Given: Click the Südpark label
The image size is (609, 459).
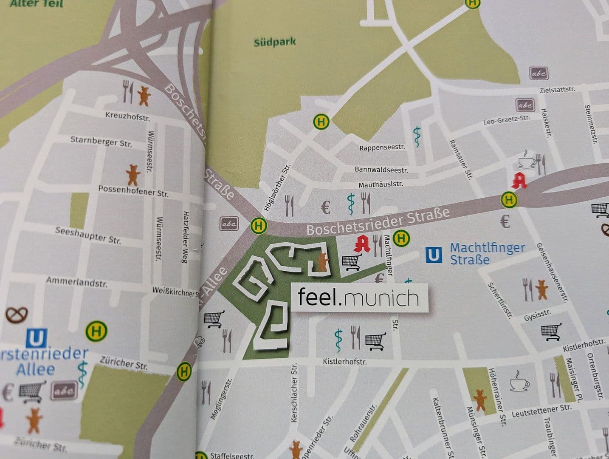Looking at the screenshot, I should click(x=274, y=42).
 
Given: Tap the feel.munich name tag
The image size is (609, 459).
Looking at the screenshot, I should click(x=358, y=297).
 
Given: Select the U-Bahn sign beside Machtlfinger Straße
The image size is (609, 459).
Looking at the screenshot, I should click(x=433, y=255).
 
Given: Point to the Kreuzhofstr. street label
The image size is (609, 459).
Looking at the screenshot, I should click(x=127, y=116).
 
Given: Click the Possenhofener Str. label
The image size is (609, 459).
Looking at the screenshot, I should click(x=133, y=191).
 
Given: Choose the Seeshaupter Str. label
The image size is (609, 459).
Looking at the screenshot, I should click(x=88, y=235).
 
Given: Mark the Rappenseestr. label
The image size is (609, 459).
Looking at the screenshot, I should click(x=382, y=147).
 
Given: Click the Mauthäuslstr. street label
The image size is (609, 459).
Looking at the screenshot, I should click(x=381, y=184).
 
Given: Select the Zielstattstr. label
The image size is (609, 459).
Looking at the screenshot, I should click(x=557, y=90).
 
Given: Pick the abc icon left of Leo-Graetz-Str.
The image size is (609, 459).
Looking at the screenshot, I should click(x=525, y=105).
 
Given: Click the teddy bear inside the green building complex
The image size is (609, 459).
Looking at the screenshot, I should click(x=322, y=262).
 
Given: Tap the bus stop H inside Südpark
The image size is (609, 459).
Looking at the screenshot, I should click(x=321, y=122).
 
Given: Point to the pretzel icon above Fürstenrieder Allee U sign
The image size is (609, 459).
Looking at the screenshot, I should click(x=17, y=314).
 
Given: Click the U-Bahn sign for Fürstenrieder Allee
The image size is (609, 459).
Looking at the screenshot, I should click(x=36, y=338).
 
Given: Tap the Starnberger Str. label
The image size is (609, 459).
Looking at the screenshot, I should click(x=101, y=142).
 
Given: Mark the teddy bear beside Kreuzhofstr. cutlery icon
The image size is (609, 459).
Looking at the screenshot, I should click(x=144, y=96).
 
